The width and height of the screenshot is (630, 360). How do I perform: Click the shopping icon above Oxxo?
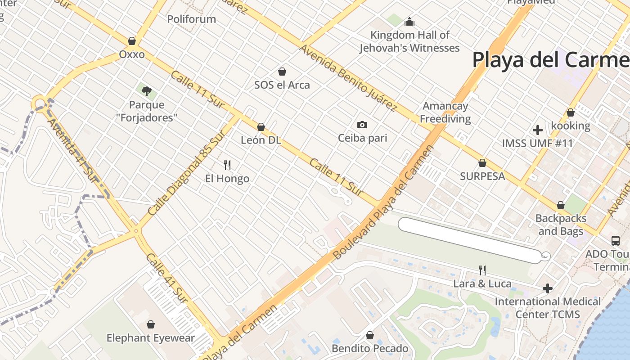click(x=132, y=41)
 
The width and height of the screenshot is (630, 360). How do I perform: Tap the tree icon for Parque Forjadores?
click(x=146, y=91)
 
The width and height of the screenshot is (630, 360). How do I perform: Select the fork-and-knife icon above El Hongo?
click(x=227, y=165)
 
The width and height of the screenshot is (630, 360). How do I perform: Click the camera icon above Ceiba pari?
click(x=362, y=125)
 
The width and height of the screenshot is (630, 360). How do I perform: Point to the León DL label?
click(x=261, y=140)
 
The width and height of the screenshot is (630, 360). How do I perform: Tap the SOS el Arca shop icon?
click(x=282, y=72)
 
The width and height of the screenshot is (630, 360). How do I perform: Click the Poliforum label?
click(x=192, y=19)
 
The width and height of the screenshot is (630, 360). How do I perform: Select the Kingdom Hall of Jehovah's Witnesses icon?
click(x=409, y=21)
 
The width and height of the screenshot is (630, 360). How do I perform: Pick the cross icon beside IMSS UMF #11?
click(x=538, y=130)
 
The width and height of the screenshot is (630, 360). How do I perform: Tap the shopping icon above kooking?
click(x=571, y=112)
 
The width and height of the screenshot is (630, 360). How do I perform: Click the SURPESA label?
click(x=482, y=176)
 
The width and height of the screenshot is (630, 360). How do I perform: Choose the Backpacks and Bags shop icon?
click(x=561, y=206)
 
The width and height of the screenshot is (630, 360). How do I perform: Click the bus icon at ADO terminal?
click(x=616, y=241)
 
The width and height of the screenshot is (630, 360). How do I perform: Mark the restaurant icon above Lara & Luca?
click(x=482, y=270)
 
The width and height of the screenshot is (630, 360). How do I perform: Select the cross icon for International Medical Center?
click(x=548, y=288)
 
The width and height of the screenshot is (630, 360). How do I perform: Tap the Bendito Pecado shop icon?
click(x=370, y=335)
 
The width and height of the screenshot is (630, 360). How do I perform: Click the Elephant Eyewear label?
click(x=151, y=338)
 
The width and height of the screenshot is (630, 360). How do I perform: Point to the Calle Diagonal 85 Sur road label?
click(x=186, y=173)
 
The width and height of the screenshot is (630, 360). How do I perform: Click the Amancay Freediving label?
click(x=445, y=112)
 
